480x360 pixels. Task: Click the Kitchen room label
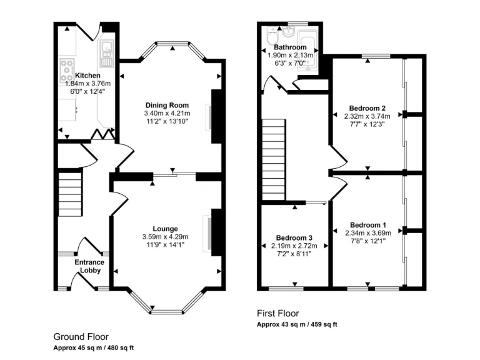pos(87,76)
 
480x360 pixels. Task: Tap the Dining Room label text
pos(167,105)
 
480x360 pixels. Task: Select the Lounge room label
pos(166,229)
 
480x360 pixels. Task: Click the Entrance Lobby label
pos(89,266)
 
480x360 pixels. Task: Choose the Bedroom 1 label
pos(367,225)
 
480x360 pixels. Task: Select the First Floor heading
pos(278,314)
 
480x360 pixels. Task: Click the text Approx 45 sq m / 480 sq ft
pos(94,347)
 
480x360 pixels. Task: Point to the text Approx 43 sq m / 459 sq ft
pos(297,325)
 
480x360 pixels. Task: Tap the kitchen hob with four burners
pos(66,66)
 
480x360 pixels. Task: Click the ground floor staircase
pos(70,194)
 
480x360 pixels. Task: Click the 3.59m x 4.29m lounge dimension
pos(166,237)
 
